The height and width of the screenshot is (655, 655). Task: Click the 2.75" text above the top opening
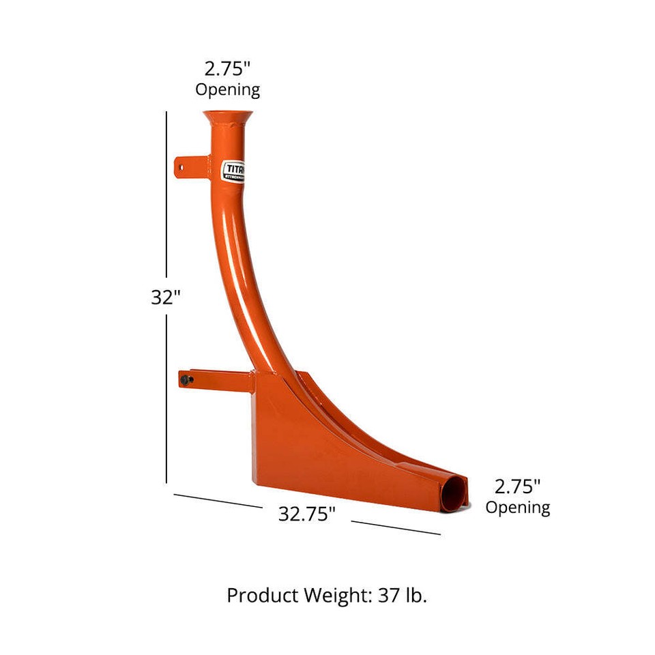tap(227, 69)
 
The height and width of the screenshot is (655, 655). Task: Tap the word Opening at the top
tap(227, 89)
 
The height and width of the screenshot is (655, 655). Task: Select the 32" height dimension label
tap(165, 298)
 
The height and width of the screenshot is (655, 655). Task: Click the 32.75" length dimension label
tap(306, 514)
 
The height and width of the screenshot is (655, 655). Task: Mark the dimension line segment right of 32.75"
tap(396, 527)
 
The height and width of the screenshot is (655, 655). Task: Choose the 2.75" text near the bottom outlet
tap(517, 486)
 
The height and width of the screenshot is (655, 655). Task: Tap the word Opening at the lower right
tap(517, 507)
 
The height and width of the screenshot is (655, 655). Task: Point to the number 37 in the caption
tap(388, 596)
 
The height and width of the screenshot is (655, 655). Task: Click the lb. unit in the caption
tap(416, 596)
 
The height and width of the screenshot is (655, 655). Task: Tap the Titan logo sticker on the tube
tap(234, 171)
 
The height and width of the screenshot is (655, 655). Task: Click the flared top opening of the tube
tap(227, 116)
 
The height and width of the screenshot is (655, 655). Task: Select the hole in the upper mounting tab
tap(181, 164)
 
